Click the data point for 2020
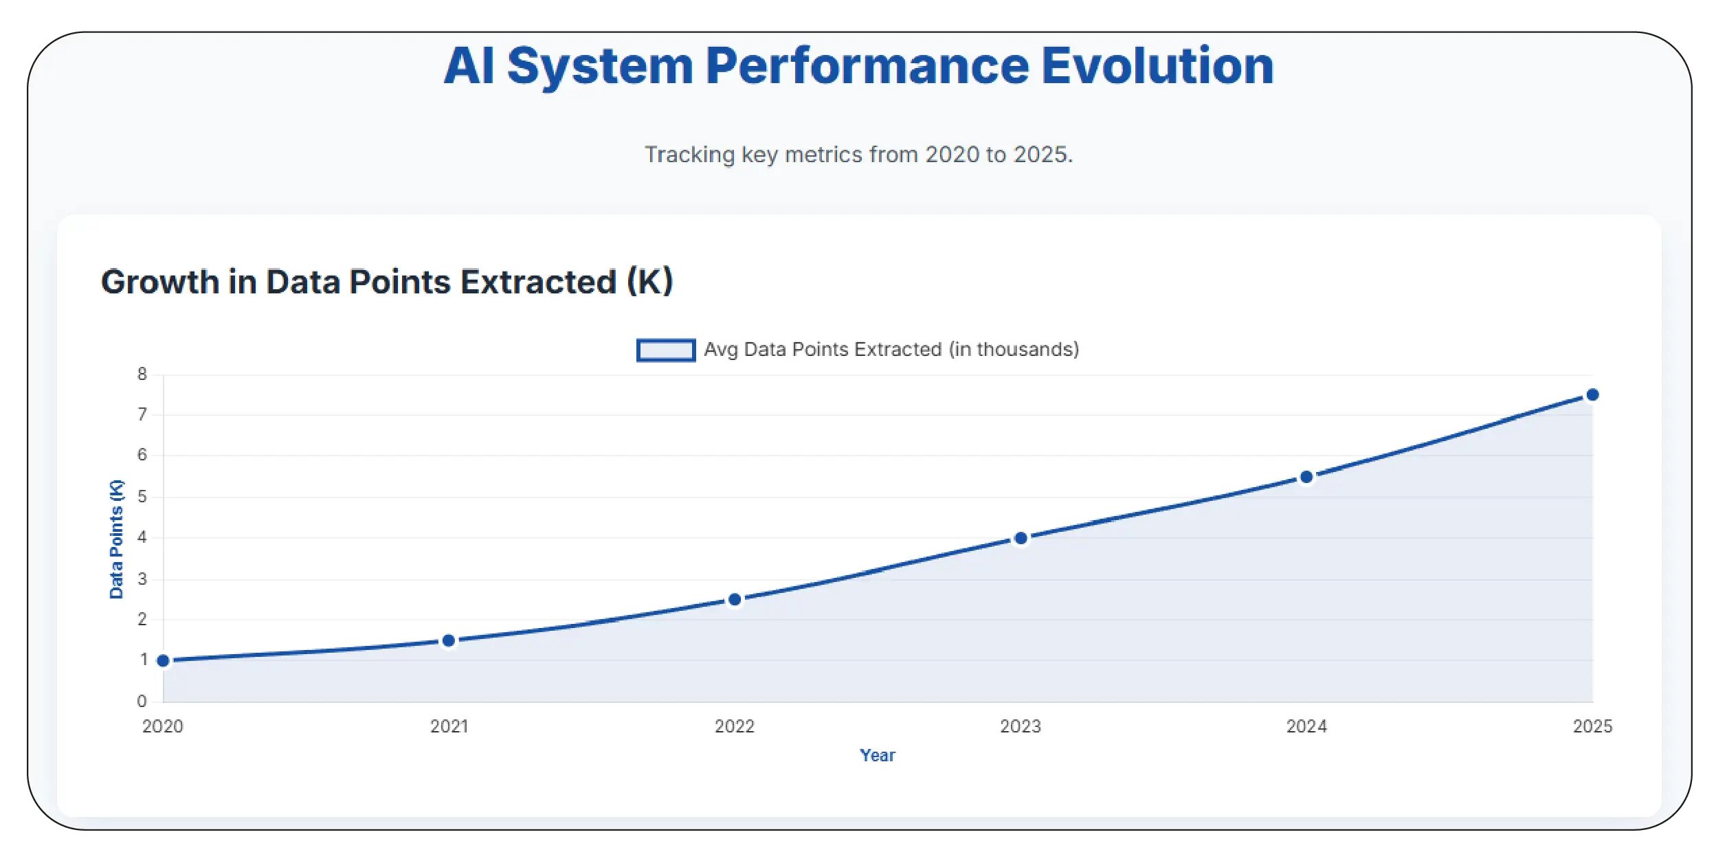click(163, 660)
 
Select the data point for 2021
click(449, 640)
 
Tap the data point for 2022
click(735, 599)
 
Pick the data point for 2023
click(1021, 538)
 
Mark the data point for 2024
click(1306, 477)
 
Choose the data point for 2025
click(1592, 394)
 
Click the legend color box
click(665, 350)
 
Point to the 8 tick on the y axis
click(142, 374)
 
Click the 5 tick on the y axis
click(142, 496)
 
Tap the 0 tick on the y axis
click(142, 701)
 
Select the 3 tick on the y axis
click(142, 579)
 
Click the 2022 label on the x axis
click(735, 726)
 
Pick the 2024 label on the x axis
click(1306, 726)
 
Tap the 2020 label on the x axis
click(163, 726)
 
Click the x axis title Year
click(878, 755)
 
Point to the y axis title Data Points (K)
click(116, 539)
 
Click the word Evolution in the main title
click(1157, 66)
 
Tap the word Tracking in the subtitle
click(689, 155)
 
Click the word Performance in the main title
click(867, 66)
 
